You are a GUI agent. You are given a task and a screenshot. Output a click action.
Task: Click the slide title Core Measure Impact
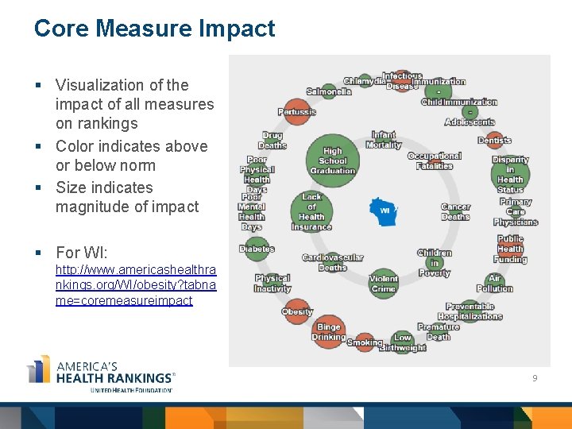click(154, 29)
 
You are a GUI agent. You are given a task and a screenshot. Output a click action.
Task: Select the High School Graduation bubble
click(333, 160)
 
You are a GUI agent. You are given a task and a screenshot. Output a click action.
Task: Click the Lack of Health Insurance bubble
click(311, 211)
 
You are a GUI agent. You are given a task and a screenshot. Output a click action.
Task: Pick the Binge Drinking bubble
click(328, 331)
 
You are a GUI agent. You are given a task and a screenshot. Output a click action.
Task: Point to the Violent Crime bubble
click(384, 284)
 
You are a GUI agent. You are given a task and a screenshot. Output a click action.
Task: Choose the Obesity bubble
click(297, 311)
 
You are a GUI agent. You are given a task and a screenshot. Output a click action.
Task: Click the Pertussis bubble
click(297, 112)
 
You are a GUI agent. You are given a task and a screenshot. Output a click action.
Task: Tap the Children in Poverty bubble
click(434, 263)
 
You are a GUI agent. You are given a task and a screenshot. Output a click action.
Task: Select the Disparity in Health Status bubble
click(510, 174)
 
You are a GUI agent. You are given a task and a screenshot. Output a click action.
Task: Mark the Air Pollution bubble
click(495, 284)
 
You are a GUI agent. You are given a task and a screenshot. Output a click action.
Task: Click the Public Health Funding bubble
click(510, 249)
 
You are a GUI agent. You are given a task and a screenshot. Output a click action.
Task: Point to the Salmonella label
click(329, 91)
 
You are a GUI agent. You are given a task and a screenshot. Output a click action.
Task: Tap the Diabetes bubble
click(257, 249)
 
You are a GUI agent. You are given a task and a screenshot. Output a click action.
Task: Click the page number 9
click(535, 378)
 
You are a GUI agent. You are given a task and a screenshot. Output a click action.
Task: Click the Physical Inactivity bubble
click(272, 283)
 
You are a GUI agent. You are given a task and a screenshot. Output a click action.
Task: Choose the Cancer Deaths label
click(455, 212)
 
